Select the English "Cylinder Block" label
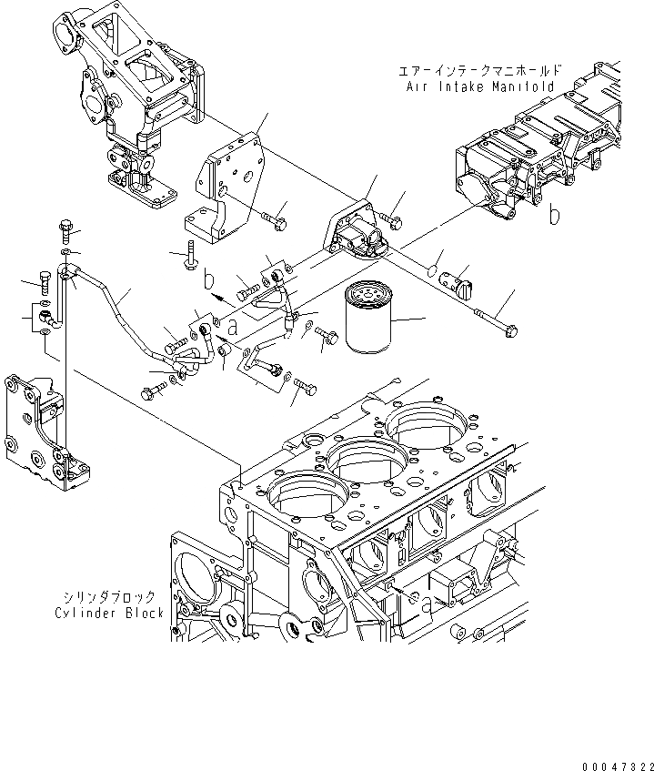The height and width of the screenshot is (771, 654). (x=109, y=613)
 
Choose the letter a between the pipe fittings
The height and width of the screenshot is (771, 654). (x=233, y=327)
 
